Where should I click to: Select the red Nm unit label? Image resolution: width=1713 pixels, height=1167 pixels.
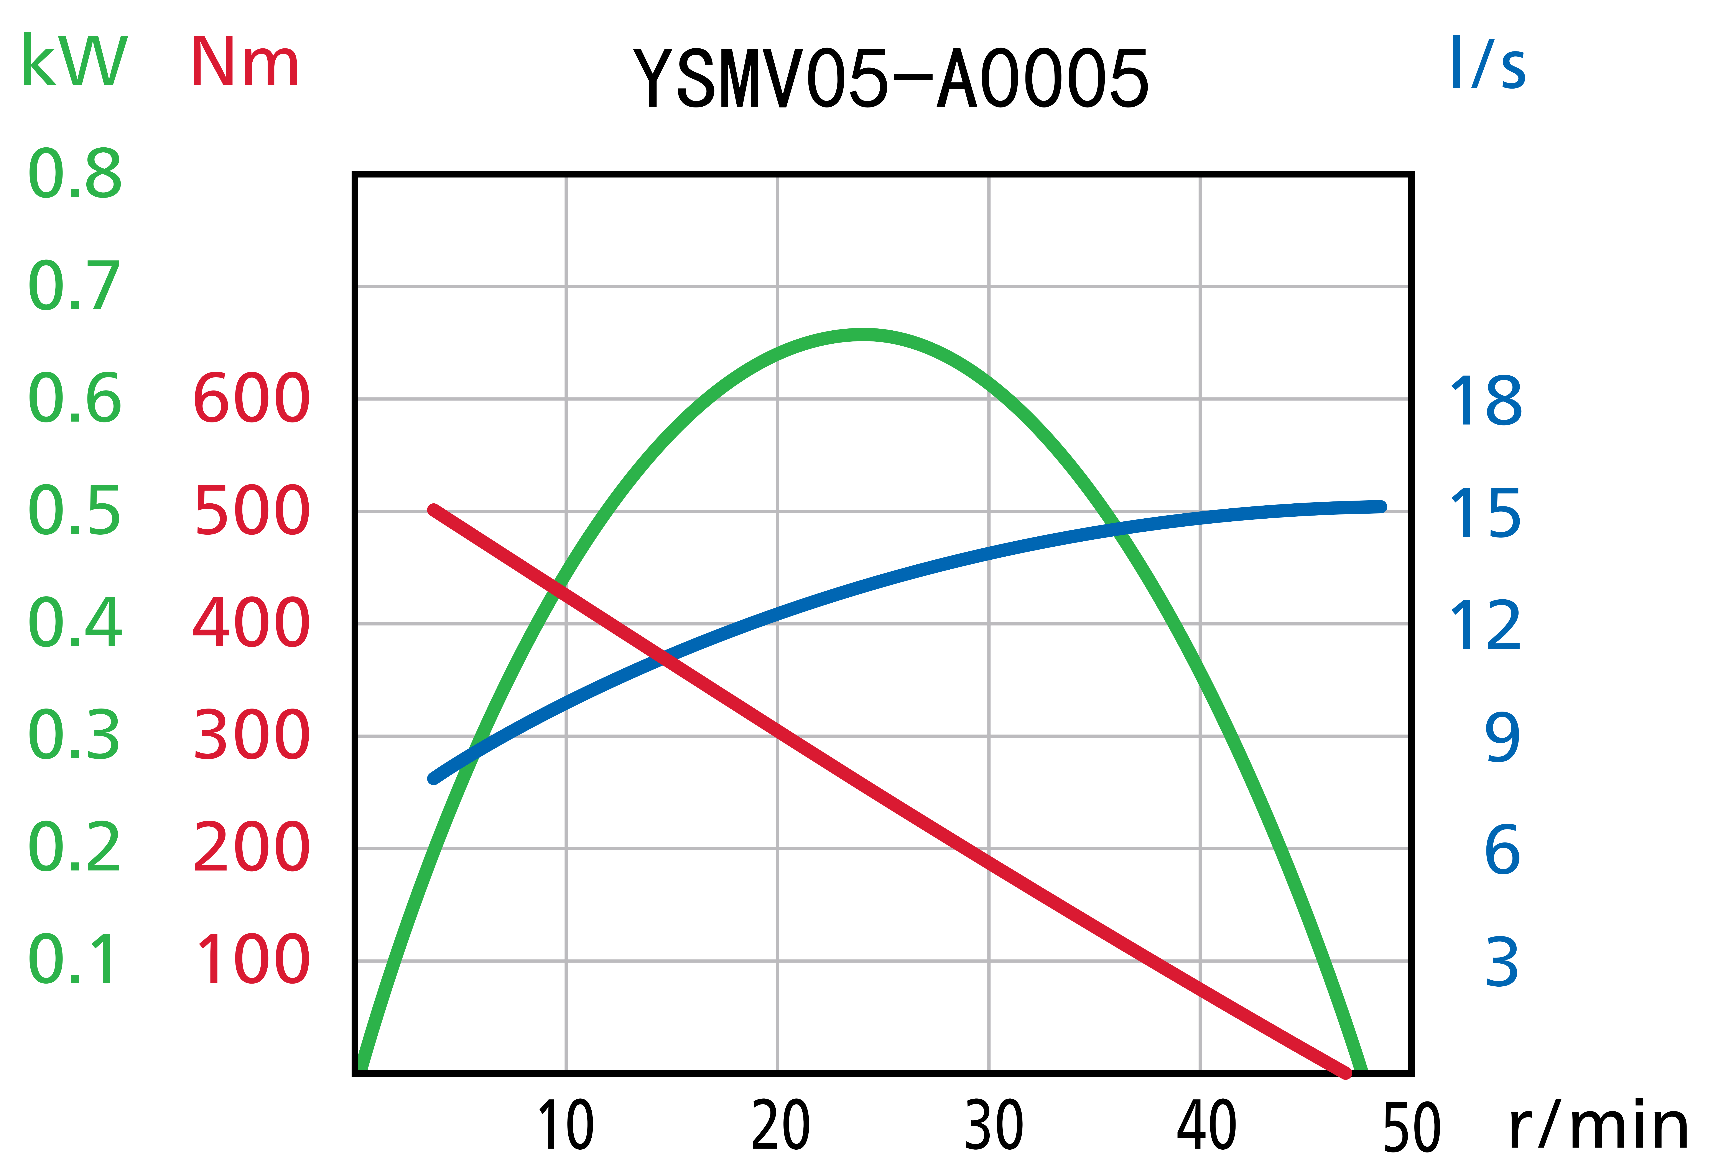click(x=244, y=62)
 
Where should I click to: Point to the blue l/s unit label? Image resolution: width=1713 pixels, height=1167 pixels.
click(x=1487, y=63)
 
